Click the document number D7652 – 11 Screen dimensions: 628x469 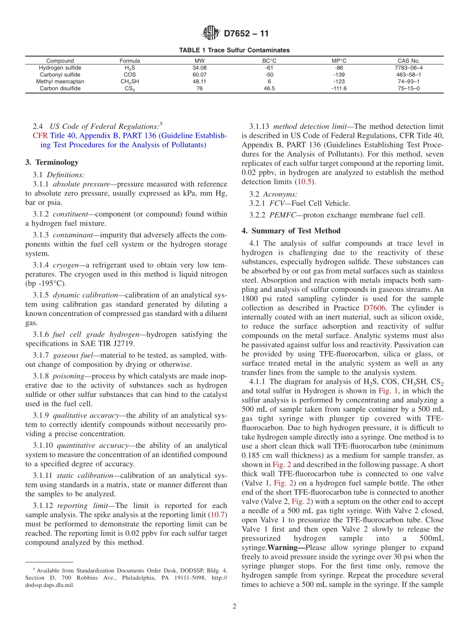246,34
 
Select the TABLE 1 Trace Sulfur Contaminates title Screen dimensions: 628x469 234,50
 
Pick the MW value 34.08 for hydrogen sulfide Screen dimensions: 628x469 199,68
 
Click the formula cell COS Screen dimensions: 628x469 126,75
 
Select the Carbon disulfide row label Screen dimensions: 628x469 60,88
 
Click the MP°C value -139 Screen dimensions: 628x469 339,75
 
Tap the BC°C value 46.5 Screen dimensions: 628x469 269,88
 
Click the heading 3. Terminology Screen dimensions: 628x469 51,162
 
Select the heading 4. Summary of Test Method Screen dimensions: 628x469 291,231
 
